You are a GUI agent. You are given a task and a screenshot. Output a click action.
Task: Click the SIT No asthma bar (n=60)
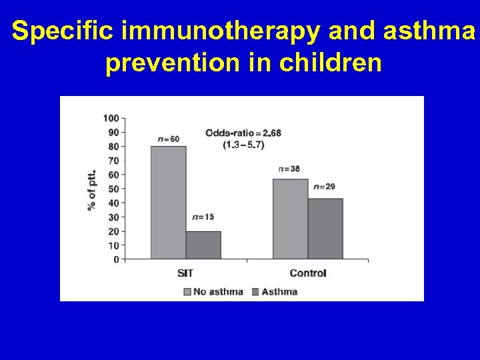tap(168, 203)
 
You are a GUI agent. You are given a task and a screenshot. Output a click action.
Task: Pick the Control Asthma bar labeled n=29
tap(325, 229)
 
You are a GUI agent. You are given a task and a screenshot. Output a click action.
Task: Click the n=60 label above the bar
tap(169, 139)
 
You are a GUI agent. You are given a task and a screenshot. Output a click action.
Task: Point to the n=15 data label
tap(203, 217)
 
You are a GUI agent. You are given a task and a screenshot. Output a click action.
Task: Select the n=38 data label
tap(290, 169)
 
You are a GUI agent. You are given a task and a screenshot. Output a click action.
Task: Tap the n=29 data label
tap(325, 187)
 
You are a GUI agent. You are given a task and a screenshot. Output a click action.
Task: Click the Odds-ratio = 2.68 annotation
tap(243, 133)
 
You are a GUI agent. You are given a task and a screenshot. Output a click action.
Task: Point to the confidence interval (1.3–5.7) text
tap(243, 145)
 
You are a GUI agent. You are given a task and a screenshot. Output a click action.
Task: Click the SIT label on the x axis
tap(186, 273)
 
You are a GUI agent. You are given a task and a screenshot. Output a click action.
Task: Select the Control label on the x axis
tap(308, 273)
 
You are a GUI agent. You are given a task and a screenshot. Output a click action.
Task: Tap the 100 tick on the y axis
tap(111, 118)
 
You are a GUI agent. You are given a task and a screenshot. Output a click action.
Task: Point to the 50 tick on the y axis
tap(113, 189)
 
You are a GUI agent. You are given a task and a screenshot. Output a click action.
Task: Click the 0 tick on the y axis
tap(116, 259)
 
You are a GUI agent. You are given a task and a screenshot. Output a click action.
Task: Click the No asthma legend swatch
tap(187, 291)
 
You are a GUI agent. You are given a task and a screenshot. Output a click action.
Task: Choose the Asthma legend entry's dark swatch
tap(256, 291)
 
